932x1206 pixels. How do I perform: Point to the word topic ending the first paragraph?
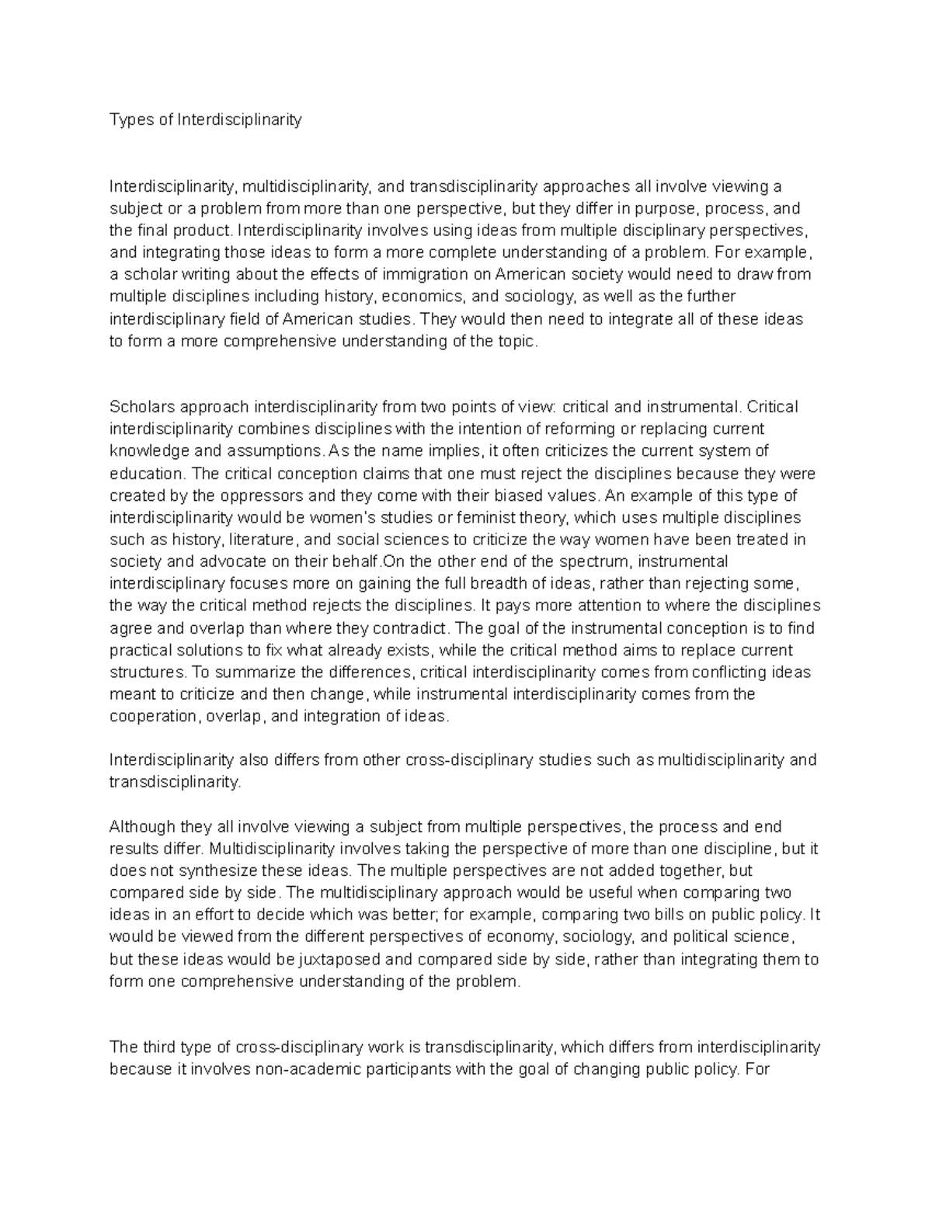pyautogui.click(x=516, y=341)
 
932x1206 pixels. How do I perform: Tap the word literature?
pyautogui.click(x=259, y=539)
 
